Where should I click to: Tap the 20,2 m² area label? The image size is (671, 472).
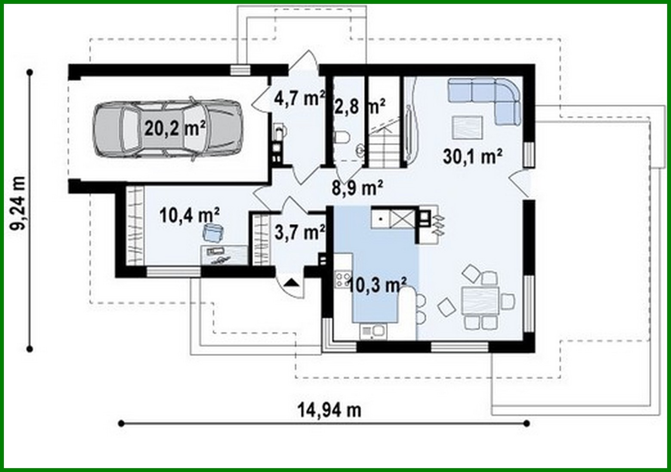tap(174, 128)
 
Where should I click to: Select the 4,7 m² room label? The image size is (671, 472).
tap(299, 98)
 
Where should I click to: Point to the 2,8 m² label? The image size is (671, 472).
tap(359, 106)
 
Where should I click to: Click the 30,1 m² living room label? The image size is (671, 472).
tap(472, 157)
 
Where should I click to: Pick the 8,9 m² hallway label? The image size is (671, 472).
tap(357, 187)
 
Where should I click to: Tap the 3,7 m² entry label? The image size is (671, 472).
tap(299, 233)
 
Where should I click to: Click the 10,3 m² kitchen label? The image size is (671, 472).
tap(377, 284)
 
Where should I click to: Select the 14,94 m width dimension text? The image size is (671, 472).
tap(329, 410)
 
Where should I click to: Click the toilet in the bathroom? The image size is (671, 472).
tap(342, 137)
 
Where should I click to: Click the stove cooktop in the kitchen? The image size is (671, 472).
tap(343, 279)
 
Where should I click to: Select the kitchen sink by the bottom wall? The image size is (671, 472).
tap(373, 331)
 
